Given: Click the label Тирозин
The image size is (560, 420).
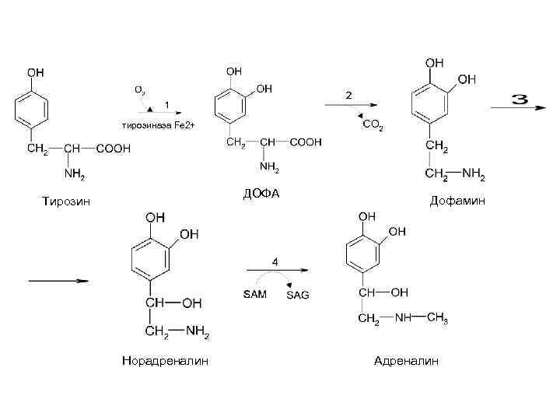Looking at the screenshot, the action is [66, 202].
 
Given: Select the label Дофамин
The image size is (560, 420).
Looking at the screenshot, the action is [458, 201].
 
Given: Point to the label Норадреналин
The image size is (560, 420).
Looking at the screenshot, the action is [165, 361].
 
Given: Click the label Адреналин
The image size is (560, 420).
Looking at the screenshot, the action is [406, 361].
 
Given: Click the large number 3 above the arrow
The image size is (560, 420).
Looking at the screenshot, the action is [520, 100].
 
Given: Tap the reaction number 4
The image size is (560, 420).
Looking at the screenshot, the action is [275, 260].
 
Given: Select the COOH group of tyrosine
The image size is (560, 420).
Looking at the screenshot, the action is [113, 149].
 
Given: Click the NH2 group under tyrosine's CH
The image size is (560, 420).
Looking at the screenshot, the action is [74, 173].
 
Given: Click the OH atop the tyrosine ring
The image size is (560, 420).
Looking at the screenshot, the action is [36, 72].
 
